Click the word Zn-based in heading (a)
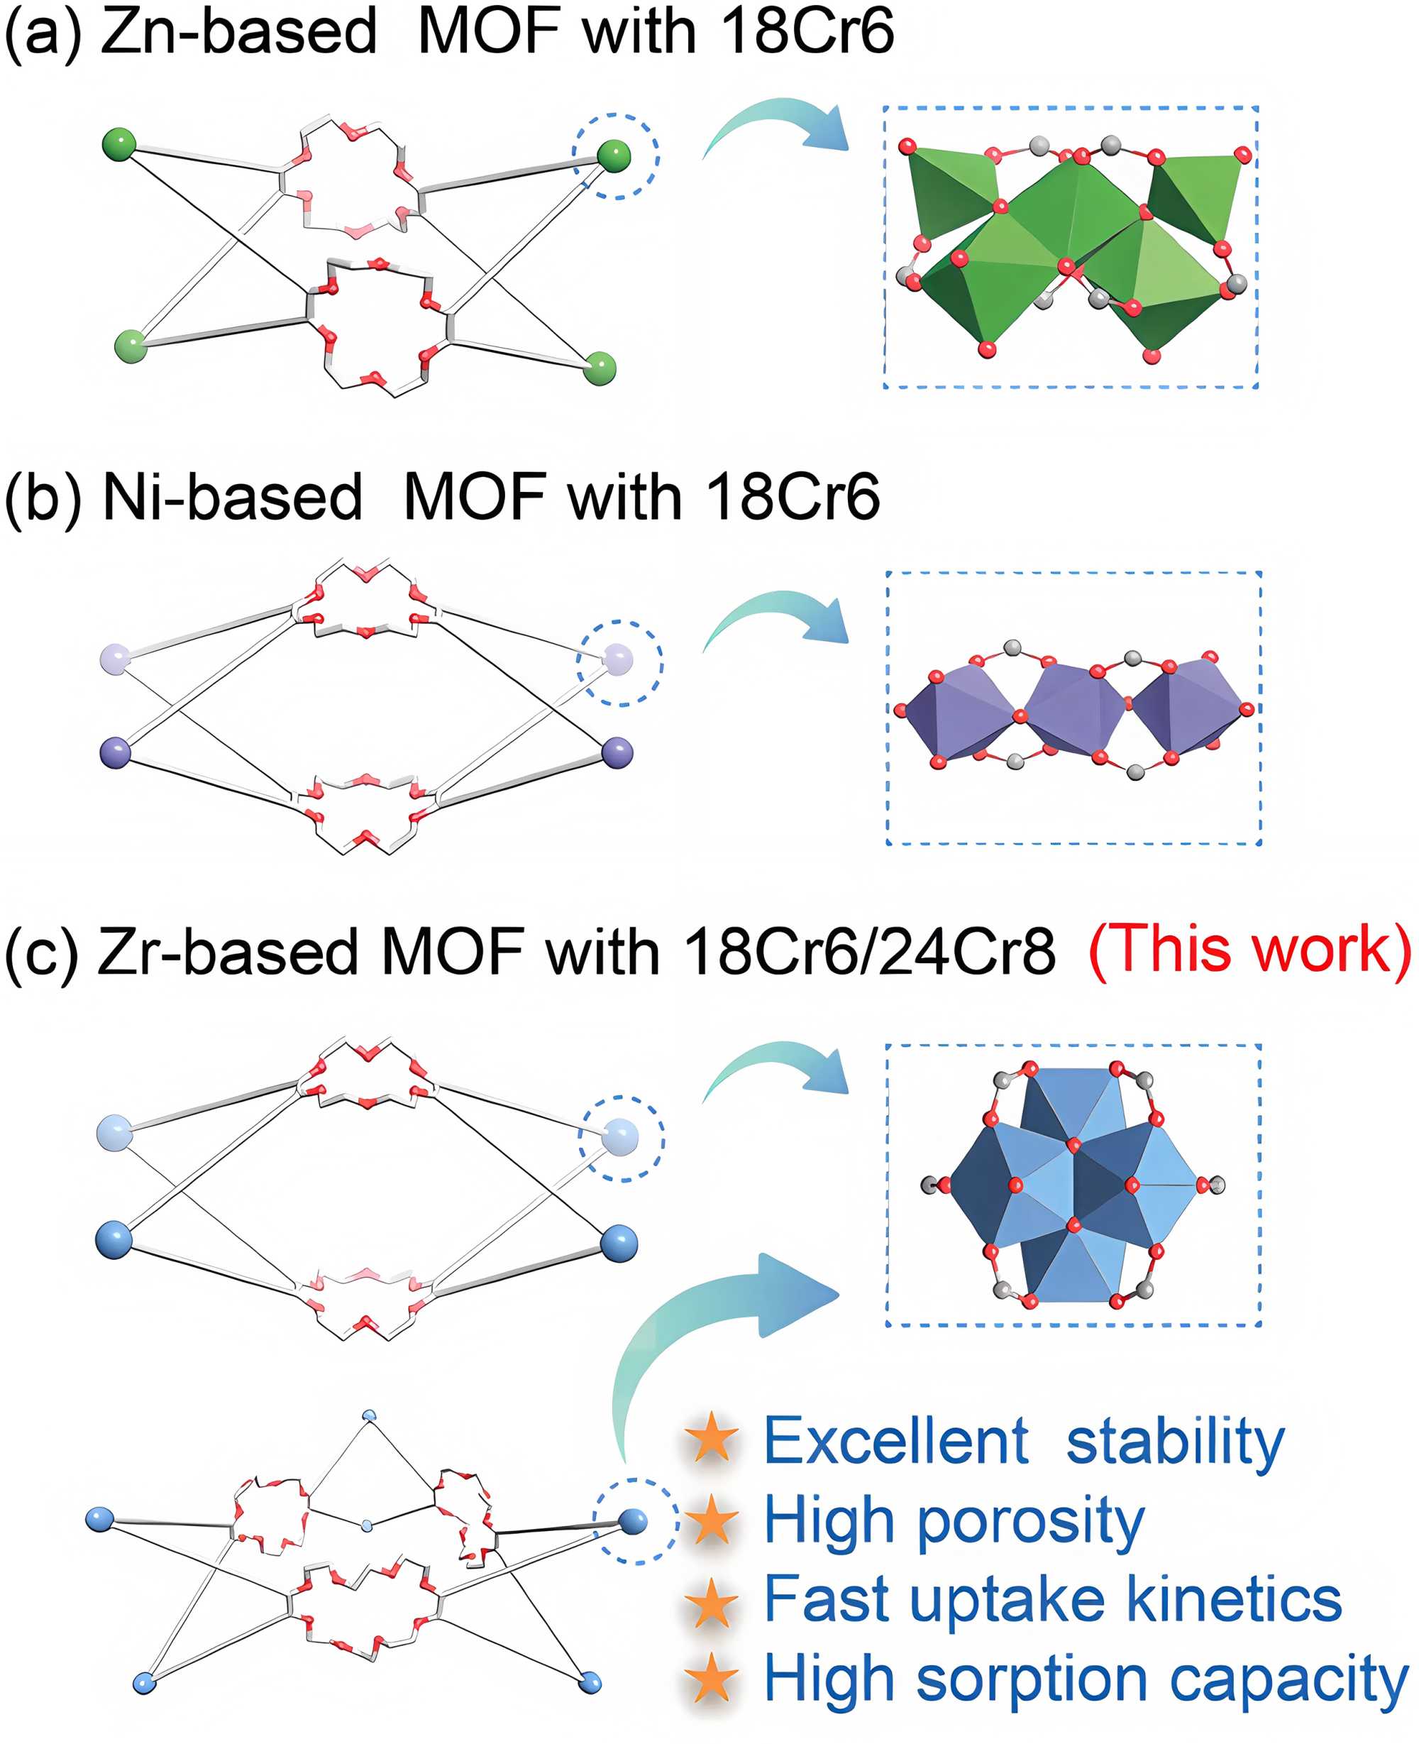click(x=238, y=33)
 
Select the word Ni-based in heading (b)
click(x=232, y=496)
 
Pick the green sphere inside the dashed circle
click(x=614, y=155)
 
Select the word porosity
click(x=1031, y=1523)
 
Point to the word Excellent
click(x=895, y=1441)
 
